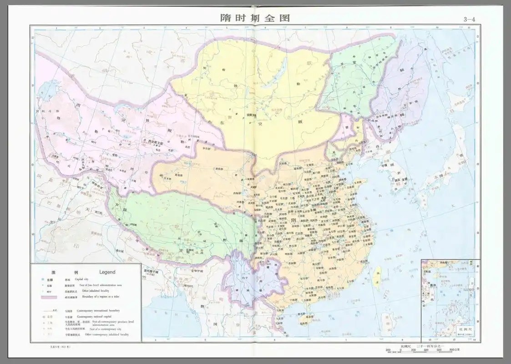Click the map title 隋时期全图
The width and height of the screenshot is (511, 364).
[255, 18]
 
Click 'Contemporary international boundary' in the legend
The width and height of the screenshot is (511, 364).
[100, 311]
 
